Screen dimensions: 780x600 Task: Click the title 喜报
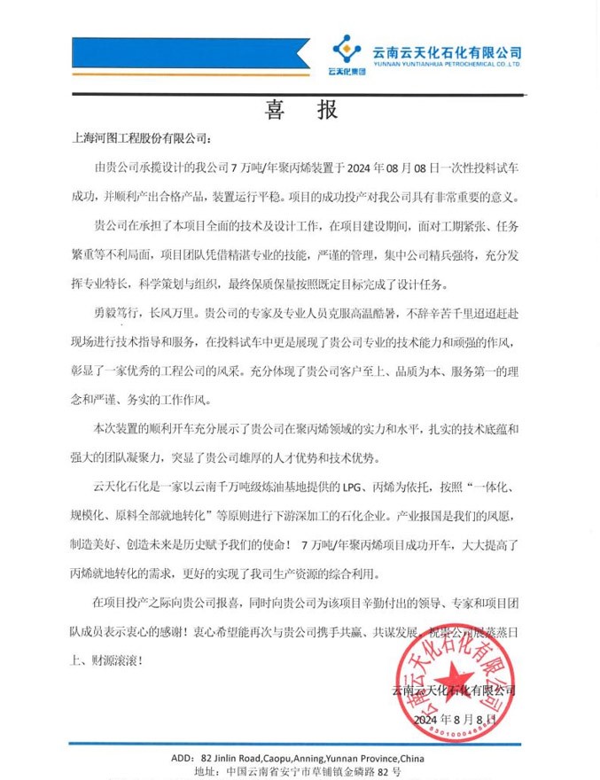pos(300,110)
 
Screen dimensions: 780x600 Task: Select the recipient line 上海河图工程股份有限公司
pos(142,139)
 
